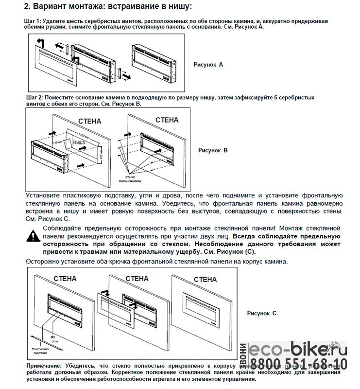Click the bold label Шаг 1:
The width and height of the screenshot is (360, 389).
[33, 22]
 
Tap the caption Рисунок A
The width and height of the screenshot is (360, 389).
[208, 64]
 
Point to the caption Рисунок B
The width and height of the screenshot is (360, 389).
[213, 150]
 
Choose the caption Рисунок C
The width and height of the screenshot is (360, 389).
[261, 313]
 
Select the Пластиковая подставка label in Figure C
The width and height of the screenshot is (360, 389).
[39, 352]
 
